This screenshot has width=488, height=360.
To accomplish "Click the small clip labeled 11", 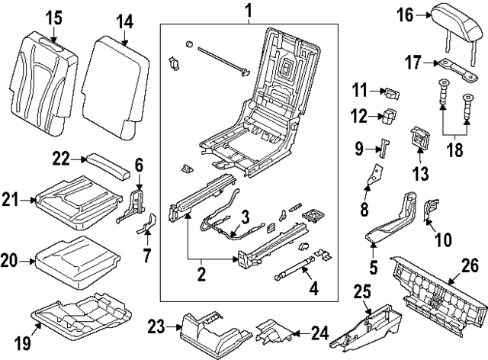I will point(391,94).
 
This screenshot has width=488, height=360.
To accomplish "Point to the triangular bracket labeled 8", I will point(373,178).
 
